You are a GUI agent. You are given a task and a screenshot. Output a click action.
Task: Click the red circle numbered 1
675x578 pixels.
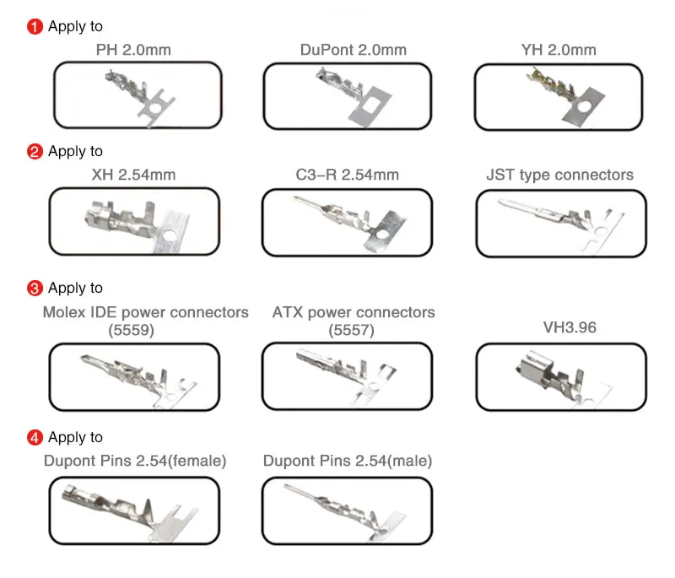click(35, 27)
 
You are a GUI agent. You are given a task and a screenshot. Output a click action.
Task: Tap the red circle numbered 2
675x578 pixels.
click(35, 152)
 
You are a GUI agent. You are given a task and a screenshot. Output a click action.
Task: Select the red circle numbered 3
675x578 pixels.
click(35, 289)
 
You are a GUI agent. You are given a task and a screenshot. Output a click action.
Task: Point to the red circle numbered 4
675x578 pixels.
click(35, 438)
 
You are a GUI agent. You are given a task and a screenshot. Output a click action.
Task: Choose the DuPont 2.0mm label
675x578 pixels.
click(353, 50)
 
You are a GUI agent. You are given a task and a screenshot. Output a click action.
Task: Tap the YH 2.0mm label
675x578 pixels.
click(559, 50)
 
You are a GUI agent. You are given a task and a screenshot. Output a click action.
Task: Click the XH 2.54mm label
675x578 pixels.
click(133, 176)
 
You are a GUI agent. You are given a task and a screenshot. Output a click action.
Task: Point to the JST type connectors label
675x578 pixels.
click(559, 176)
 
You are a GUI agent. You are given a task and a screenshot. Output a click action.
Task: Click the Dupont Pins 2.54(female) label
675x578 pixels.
click(135, 462)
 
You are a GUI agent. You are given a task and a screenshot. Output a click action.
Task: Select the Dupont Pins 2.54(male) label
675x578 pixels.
click(348, 462)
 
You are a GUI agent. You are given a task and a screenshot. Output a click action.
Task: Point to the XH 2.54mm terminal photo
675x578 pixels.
click(135, 222)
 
